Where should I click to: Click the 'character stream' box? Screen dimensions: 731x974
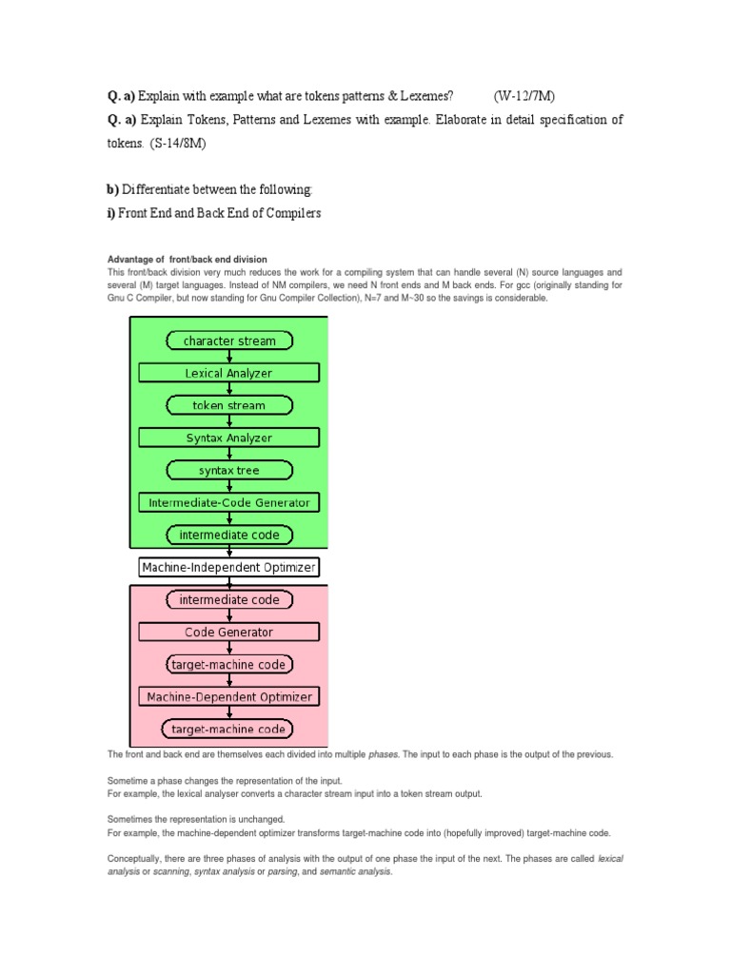[x=229, y=341]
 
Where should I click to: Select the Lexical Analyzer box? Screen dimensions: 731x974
[x=229, y=373]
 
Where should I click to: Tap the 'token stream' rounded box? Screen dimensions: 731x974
[x=229, y=405]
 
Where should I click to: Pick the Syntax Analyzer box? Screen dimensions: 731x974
[x=229, y=438]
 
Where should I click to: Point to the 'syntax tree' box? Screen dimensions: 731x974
[x=229, y=470]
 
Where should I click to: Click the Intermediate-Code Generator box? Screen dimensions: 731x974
[x=229, y=502]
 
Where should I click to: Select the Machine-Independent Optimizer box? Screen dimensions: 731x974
[x=229, y=568]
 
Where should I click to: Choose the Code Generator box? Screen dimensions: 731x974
[x=229, y=632]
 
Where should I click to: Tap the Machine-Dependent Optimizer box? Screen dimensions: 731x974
[x=229, y=696]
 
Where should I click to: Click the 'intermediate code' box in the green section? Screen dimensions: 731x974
[x=229, y=535]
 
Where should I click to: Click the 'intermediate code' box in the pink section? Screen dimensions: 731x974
[x=229, y=599]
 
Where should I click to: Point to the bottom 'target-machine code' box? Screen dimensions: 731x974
[x=229, y=730]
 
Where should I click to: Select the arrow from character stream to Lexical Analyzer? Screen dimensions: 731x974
[x=229, y=357]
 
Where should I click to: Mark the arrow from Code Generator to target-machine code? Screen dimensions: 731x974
[x=229, y=648]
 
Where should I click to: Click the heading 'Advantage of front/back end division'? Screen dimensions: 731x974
[x=187, y=260]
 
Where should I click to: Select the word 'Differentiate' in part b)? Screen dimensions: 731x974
[x=156, y=190]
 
